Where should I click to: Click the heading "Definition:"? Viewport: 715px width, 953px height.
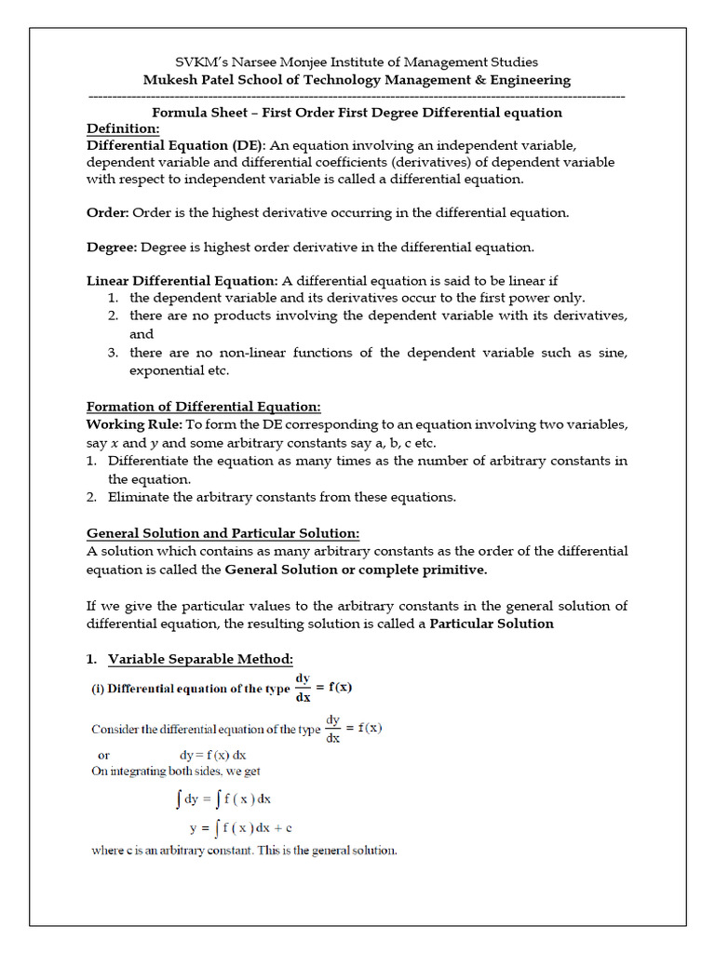[123, 128]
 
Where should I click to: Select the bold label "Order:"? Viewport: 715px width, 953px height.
[108, 212]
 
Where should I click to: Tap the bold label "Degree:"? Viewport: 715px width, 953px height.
[112, 247]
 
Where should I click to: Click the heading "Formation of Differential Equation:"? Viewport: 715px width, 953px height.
[204, 407]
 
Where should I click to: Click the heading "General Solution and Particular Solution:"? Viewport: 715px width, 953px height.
[223, 533]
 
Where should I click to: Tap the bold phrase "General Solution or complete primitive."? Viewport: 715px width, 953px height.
[357, 570]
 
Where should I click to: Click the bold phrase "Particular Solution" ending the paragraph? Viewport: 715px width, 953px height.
[492, 624]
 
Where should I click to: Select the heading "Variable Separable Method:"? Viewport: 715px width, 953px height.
[200, 659]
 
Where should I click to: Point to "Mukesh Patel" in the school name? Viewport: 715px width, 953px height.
[184, 80]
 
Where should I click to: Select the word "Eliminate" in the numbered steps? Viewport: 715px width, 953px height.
[136, 497]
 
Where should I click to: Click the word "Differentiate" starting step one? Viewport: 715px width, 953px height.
[150, 461]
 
